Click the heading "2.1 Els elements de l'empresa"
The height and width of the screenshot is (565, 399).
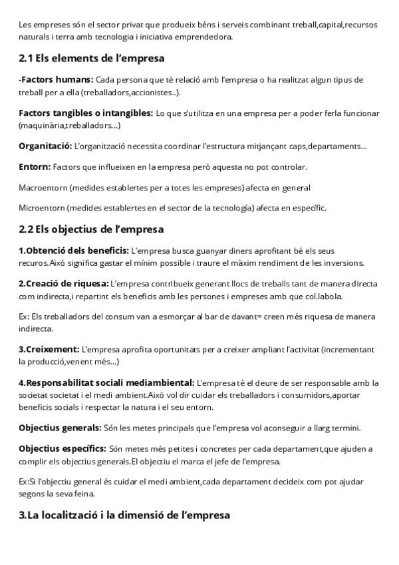(92, 58)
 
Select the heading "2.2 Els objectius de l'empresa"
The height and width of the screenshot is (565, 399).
(91, 230)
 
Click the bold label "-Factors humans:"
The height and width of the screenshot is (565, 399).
(56, 80)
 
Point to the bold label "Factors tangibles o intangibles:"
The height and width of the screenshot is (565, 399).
(86, 114)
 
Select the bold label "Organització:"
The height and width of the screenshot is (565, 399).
(45, 146)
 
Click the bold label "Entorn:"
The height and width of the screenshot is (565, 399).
(35, 167)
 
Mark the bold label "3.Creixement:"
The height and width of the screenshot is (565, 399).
(49, 350)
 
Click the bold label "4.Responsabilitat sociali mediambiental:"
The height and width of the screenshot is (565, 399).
(106, 383)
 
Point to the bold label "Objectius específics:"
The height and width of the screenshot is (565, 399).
(62, 448)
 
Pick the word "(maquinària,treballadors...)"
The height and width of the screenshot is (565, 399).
(70, 125)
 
